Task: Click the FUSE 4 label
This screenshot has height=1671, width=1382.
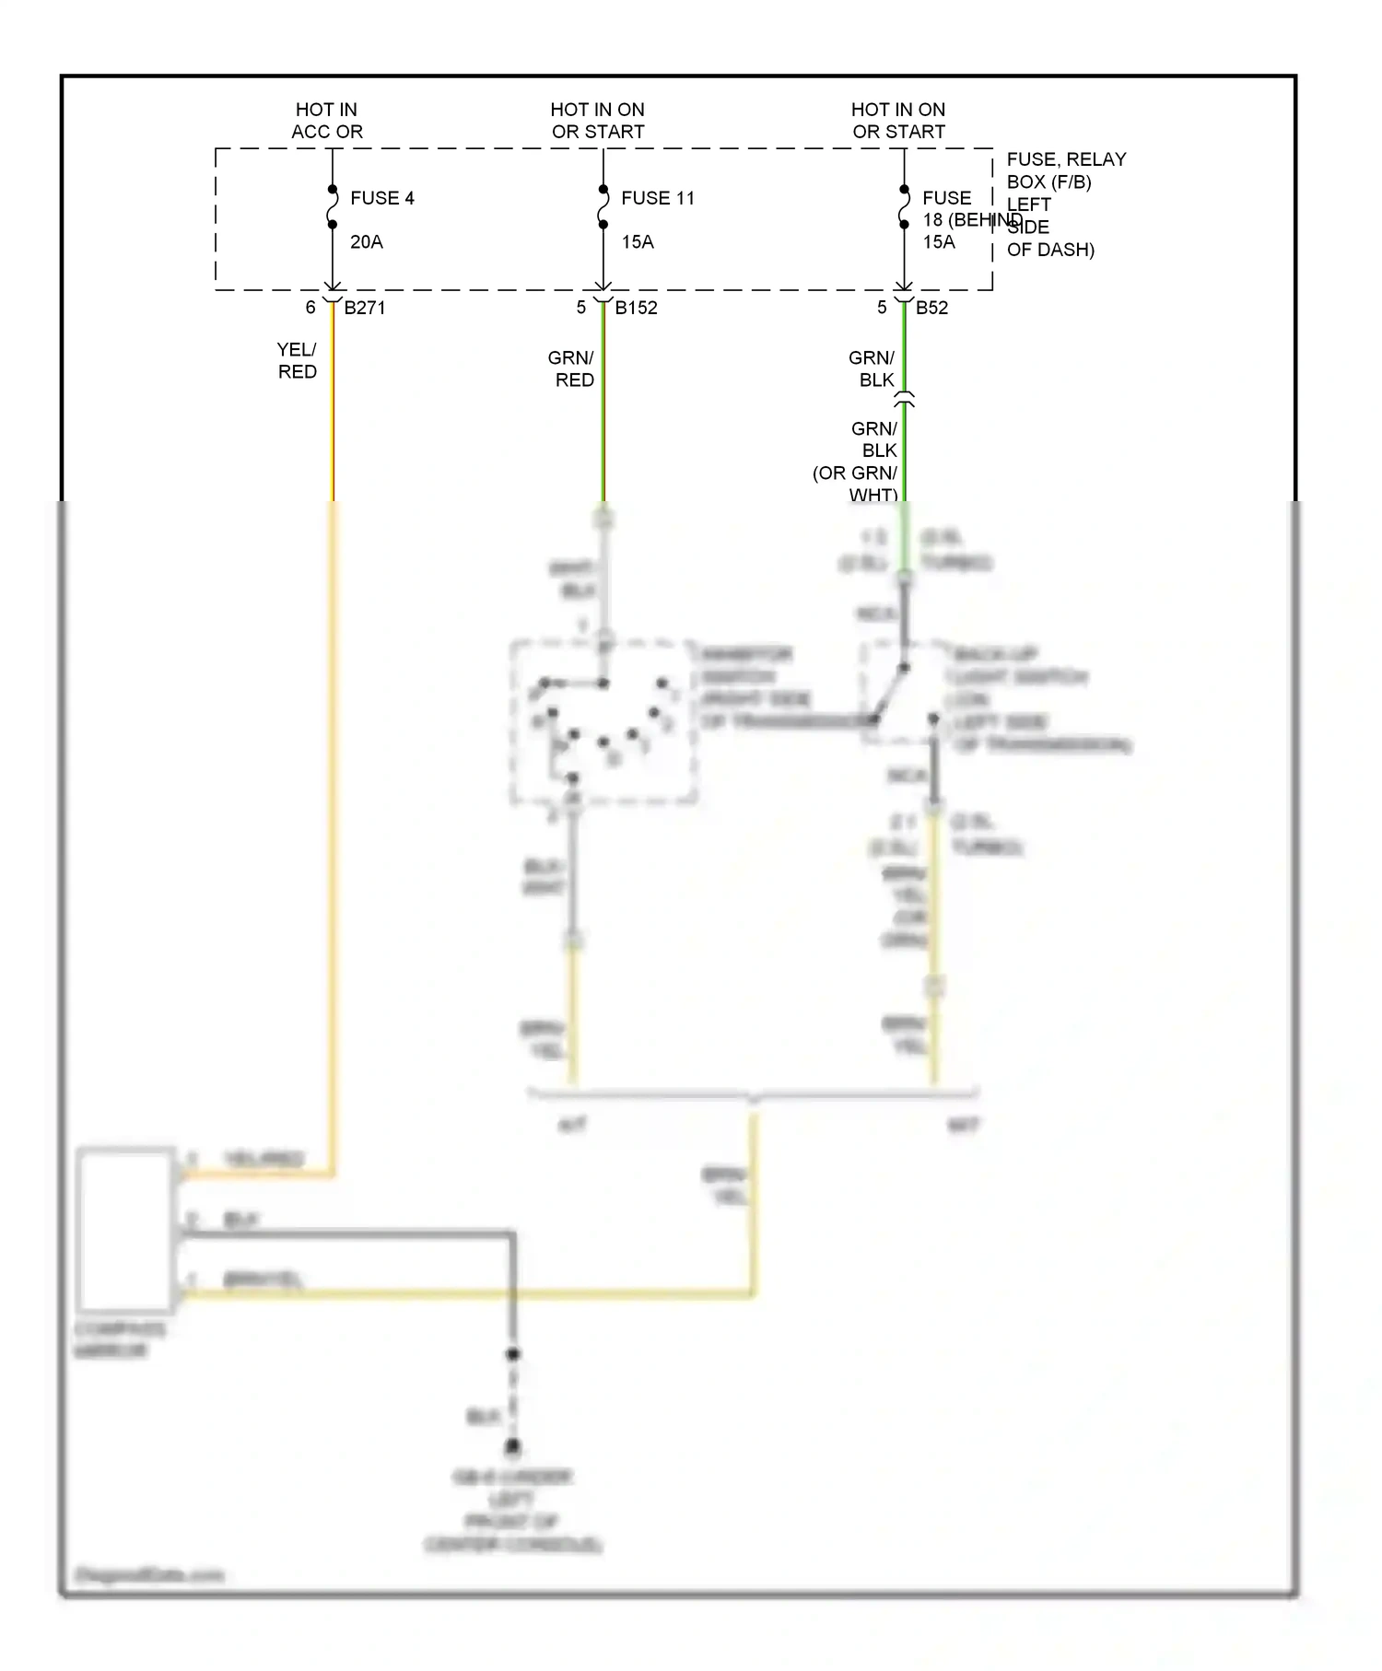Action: tap(381, 198)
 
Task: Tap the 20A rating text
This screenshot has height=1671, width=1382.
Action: tap(366, 242)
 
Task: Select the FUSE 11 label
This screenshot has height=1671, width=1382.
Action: tap(657, 198)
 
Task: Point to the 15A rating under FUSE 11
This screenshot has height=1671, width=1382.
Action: tap(638, 242)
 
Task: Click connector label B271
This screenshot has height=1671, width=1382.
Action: tap(365, 308)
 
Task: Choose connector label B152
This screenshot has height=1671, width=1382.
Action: tap(636, 308)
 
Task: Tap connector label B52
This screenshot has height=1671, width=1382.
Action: tap(931, 308)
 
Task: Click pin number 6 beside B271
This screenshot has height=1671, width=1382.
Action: tap(310, 308)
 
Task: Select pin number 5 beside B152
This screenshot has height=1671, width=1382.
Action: tap(581, 308)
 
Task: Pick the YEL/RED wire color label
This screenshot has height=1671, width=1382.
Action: tap(297, 361)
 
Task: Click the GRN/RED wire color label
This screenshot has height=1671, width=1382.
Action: tap(571, 368)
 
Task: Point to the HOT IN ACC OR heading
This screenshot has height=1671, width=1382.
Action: tap(327, 121)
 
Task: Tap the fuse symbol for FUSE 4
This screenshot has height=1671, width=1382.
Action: tap(333, 207)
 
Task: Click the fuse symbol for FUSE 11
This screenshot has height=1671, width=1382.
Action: tap(603, 207)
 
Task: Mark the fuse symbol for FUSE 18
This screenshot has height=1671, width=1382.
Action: tap(905, 207)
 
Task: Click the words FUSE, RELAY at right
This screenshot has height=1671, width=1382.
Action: tap(1066, 159)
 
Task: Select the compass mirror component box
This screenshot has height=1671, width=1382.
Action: tap(126, 1229)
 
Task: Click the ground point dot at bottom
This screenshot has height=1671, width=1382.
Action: tap(513, 1447)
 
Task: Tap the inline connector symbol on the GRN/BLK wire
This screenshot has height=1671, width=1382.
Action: tap(905, 400)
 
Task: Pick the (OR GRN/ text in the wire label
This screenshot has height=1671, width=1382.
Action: tap(854, 473)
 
